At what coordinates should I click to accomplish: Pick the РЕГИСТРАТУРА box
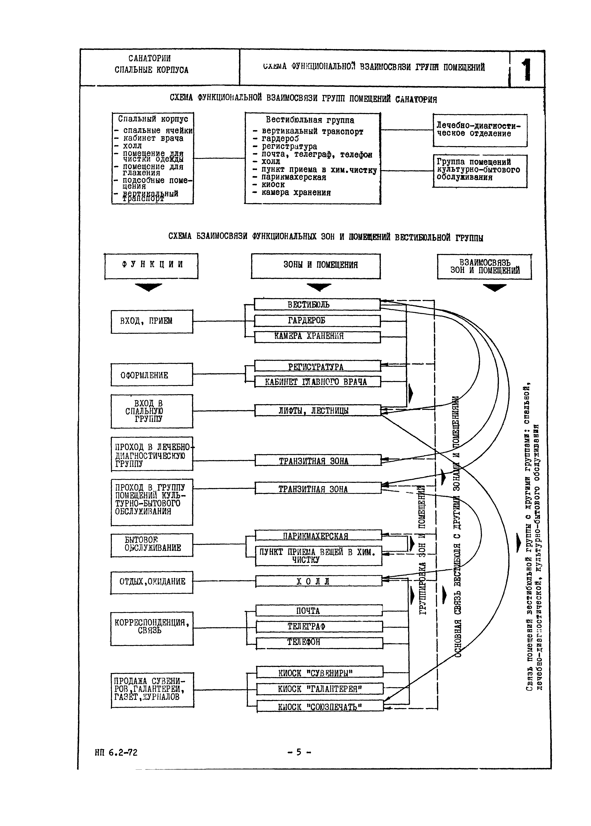coord(317,366)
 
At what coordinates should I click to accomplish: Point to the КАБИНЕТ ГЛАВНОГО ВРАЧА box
coord(317,381)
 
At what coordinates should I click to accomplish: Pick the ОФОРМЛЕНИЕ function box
coord(152,375)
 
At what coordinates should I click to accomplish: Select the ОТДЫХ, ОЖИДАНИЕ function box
coord(152,582)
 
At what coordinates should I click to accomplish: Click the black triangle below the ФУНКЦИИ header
coord(148,287)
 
